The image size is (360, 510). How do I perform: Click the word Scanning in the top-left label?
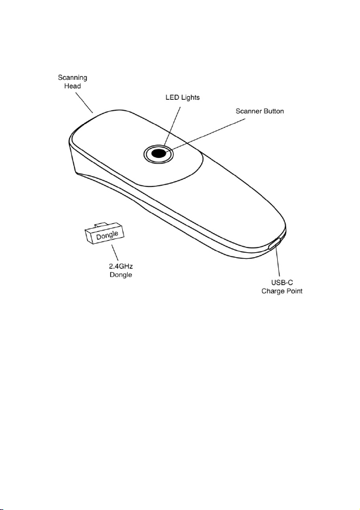pyautogui.click(x=73, y=77)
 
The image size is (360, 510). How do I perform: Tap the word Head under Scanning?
pyautogui.click(x=73, y=86)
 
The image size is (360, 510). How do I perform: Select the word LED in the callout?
pyautogui.click(x=172, y=97)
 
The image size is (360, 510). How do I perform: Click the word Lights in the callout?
pyautogui.click(x=189, y=97)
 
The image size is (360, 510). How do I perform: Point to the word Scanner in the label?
pyautogui.click(x=249, y=111)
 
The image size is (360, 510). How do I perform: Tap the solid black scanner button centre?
pyautogui.click(x=159, y=153)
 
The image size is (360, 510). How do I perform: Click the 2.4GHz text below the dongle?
pyautogui.click(x=120, y=266)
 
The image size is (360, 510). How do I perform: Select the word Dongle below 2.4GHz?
pyautogui.click(x=120, y=275)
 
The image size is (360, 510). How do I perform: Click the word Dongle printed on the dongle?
pyautogui.click(x=107, y=235)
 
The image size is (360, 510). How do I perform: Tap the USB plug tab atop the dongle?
pyautogui.click(x=100, y=225)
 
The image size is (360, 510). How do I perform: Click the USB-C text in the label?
pyautogui.click(x=282, y=283)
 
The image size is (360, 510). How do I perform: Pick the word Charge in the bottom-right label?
pyautogui.click(x=272, y=291)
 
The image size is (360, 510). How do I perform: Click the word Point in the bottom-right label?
pyautogui.click(x=294, y=291)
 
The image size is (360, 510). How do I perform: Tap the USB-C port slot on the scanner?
pyautogui.click(x=275, y=243)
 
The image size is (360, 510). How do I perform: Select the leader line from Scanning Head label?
pyautogui.click(x=85, y=102)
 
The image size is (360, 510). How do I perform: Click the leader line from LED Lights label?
pyautogui.click(x=172, y=127)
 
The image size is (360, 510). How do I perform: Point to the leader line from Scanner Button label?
pyautogui.click(x=207, y=135)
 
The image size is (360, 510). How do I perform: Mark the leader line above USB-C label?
pyautogui.click(x=277, y=262)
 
